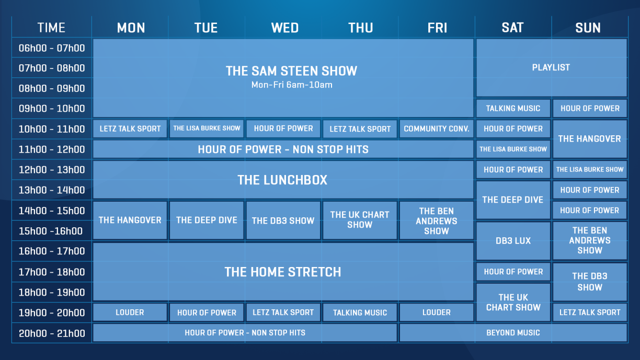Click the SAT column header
coord(512,28)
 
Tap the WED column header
coord(285,28)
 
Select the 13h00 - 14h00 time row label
coord(52,190)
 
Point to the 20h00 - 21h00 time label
coord(52,333)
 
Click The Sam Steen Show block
coord(283,78)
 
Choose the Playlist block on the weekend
coord(552,67)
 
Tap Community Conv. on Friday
coord(436,129)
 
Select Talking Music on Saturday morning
coord(513,109)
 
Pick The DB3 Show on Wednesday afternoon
coord(283,220)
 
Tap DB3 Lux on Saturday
coord(513,241)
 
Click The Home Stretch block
coord(283,272)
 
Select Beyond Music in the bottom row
coord(513,333)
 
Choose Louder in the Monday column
coord(130,312)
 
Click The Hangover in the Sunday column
coord(590,139)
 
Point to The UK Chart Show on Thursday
coord(360,220)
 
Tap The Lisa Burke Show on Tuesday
coord(207,129)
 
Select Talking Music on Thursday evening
coord(360,312)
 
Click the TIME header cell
coord(51,28)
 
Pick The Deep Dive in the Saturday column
coord(513,200)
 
